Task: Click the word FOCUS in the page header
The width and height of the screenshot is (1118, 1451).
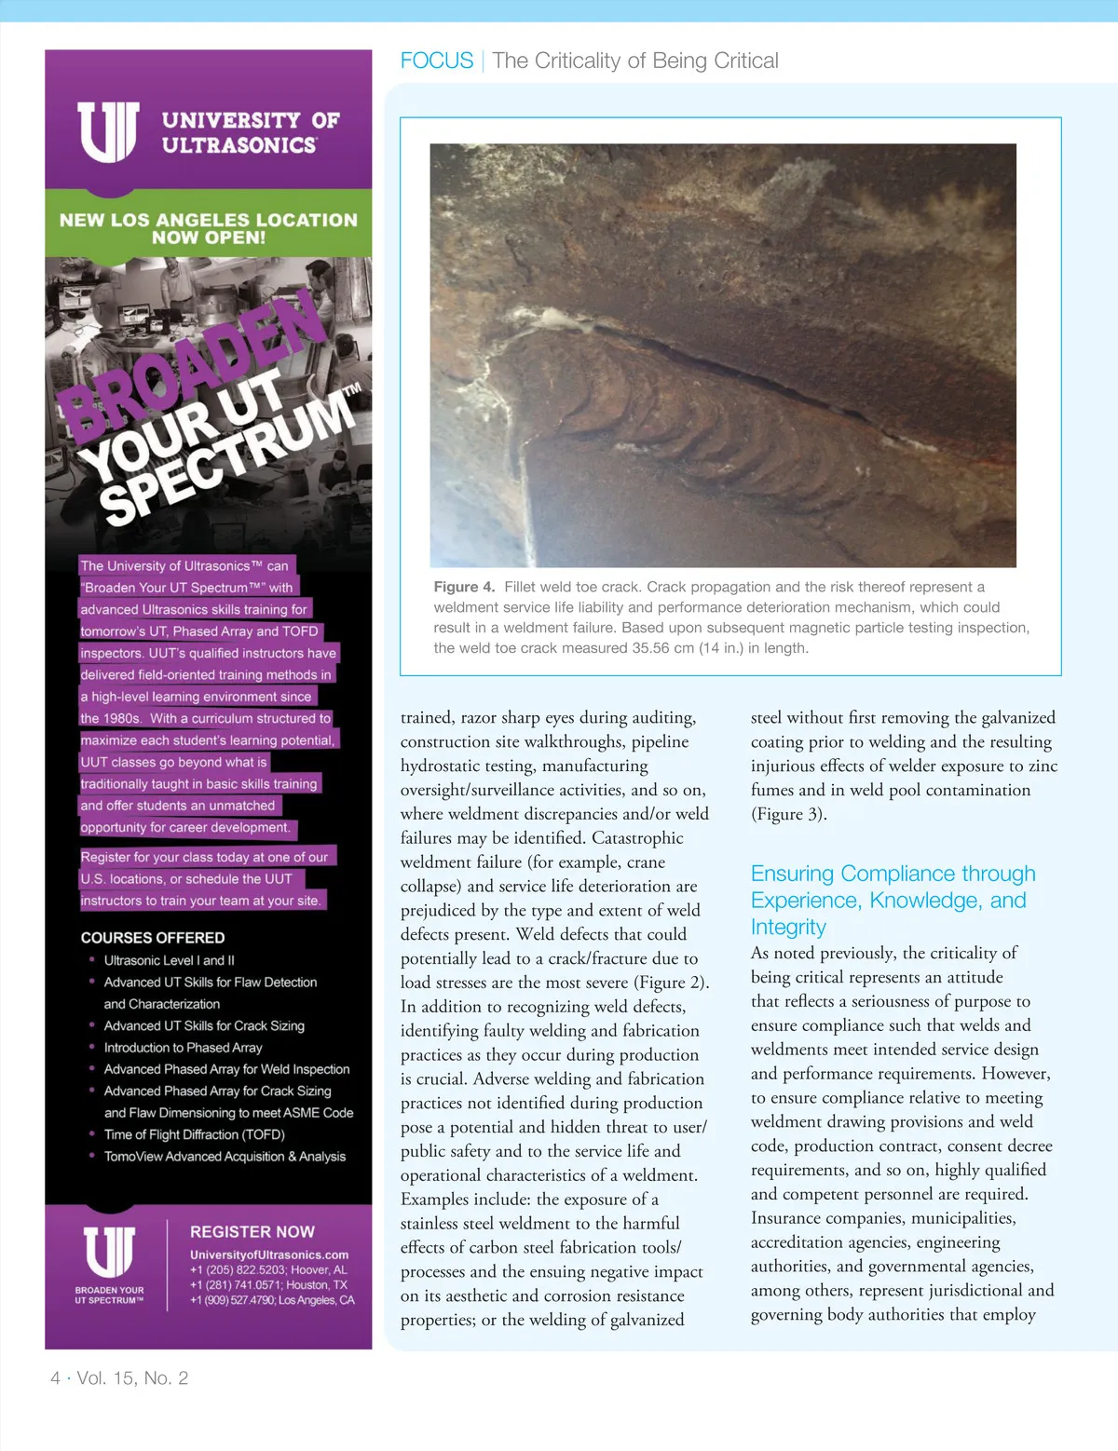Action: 436,61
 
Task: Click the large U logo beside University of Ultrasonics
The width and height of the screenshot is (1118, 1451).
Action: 108,132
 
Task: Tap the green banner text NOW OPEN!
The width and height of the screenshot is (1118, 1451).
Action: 209,237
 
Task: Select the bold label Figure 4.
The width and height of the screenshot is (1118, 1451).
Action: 464,587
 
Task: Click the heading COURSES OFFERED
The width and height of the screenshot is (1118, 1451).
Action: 153,938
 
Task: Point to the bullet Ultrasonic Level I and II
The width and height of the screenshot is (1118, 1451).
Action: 170,960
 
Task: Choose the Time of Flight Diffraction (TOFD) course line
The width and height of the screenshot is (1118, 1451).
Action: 195,1134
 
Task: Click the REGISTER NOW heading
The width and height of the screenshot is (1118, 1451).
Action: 252,1231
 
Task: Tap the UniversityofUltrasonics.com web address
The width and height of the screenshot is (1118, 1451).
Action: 269,1254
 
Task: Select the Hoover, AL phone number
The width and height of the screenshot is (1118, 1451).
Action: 268,1269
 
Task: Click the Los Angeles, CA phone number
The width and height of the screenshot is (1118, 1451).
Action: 272,1300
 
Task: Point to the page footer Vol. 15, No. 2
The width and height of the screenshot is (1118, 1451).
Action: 132,1378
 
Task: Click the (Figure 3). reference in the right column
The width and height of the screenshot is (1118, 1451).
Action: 788,814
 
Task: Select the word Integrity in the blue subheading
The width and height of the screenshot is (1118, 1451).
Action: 788,927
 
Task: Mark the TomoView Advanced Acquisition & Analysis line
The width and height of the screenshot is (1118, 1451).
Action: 225,1157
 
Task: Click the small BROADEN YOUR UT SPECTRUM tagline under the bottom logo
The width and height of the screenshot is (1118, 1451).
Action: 110,1295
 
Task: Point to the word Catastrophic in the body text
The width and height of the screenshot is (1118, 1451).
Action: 637,838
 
